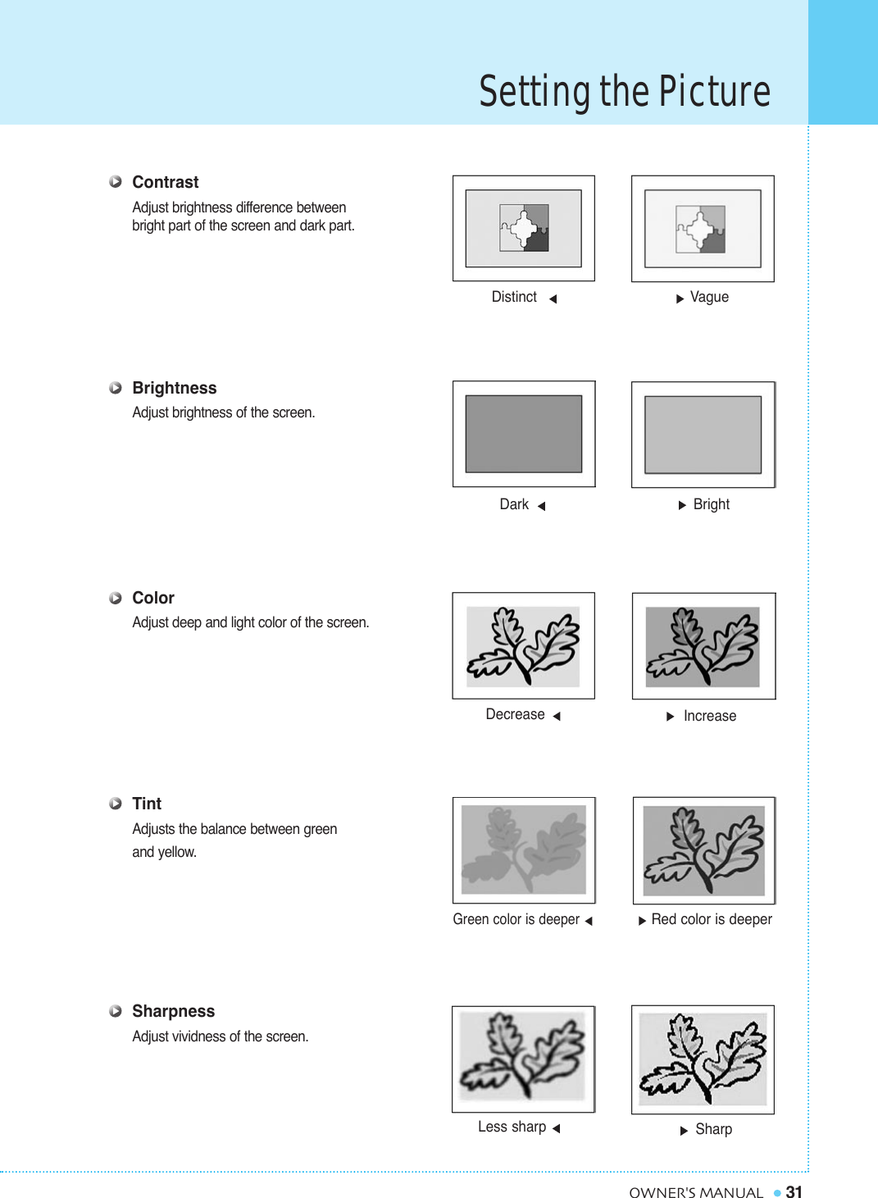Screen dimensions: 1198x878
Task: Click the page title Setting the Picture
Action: pyautogui.click(x=625, y=91)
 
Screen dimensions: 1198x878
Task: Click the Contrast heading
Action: pyautogui.click(x=165, y=182)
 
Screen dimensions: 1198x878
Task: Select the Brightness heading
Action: pyautogui.click(x=174, y=388)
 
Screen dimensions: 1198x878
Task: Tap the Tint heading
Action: pyautogui.click(x=147, y=804)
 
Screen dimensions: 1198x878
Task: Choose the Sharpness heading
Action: pyautogui.click(x=173, y=1011)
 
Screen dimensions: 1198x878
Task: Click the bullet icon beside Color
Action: pyautogui.click(x=116, y=598)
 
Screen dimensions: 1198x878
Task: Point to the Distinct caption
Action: pyautogui.click(x=514, y=297)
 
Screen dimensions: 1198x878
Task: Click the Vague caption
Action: pyautogui.click(x=709, y=297)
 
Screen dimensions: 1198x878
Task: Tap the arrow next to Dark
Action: pyautogui.click(x=542, y=506)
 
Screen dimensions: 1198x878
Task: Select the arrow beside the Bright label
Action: pyautogui.click(x=682, y=505)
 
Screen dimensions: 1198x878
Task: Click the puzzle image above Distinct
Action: pyautogui.click(x=524, y=229)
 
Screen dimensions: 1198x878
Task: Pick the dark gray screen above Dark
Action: pyautogui.click(x=524, y=434)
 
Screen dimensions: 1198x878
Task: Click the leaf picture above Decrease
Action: pyautogui.click(x=524, y=646)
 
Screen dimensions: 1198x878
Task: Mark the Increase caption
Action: pyautogui.click(x=709, y=716)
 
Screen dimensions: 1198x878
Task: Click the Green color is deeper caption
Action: pyautogui.click(x=516, y=919)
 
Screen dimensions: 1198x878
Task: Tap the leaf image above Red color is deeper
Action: pyautogui.click(x=704, y=850)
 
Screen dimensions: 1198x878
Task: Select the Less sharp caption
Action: pyautogui.click(x=512, y=1127)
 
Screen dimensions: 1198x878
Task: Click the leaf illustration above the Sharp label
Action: pyautogui.click(x=703, y=1059)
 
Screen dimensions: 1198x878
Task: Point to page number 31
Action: pyautogui.click(x=794, y=1191)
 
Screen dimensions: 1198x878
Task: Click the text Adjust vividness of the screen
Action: pyautogui.click(x=221, y=1036)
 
